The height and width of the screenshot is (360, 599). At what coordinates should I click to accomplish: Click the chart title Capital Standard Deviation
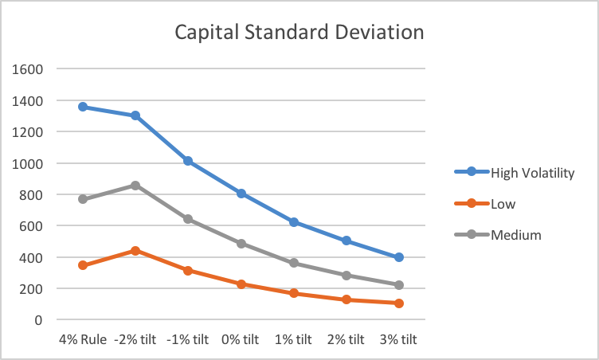click(299, 33)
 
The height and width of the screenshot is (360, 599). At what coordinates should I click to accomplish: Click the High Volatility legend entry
click(532, 172)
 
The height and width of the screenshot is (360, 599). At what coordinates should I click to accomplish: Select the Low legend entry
click(503, 204)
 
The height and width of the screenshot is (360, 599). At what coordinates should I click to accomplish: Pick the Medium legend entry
click(515, 235)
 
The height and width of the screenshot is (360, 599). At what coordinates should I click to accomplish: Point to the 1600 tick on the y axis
click(28, 69)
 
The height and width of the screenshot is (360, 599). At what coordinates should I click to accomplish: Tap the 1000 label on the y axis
click(28, 163)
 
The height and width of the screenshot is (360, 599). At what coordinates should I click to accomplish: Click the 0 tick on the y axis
click(38, 320)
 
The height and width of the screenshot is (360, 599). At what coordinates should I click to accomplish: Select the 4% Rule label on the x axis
click(83, 339)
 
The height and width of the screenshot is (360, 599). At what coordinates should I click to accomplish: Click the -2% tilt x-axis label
click(135, 339)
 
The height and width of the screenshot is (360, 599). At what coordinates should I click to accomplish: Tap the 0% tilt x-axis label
click(241, 339)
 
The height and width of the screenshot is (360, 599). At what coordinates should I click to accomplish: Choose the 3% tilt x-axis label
click(398, 339)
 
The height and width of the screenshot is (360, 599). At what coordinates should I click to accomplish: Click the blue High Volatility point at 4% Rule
click(83, 107)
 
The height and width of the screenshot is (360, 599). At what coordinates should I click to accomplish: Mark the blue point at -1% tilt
click(188, 161)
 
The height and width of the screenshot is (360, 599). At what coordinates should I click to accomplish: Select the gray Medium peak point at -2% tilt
click(135, 186)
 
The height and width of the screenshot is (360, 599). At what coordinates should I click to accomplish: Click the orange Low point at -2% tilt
click(135, 251)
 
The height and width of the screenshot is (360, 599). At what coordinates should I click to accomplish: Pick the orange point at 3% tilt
click(398, 303)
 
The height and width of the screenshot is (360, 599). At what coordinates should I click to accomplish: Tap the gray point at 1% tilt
click(294, 263)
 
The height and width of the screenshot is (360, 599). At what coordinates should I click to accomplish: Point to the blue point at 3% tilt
click(398, 257)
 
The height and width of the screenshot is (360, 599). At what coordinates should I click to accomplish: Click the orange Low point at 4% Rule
click(83, 265)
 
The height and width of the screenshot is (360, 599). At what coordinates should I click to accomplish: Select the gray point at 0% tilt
click(241, 244)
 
